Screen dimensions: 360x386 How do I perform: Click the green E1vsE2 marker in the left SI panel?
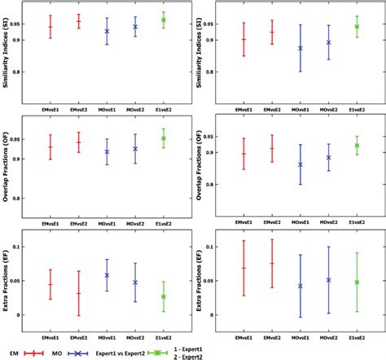pos(163,20)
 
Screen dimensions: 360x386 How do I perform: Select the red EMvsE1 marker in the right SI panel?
pos(243,39)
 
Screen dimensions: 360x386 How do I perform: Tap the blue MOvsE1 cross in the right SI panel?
pos(300,48)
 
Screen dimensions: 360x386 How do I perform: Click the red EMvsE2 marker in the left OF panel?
pos(78,143)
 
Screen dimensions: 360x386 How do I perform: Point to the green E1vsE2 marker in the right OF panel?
pos(356,146)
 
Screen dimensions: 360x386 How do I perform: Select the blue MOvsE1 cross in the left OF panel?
pos(106,151)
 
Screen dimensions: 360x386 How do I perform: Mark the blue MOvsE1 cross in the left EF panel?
pos(106,275)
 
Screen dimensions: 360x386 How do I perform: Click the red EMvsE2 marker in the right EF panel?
pos(271,263)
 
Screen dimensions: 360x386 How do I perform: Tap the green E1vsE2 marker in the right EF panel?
pos(356,282)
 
